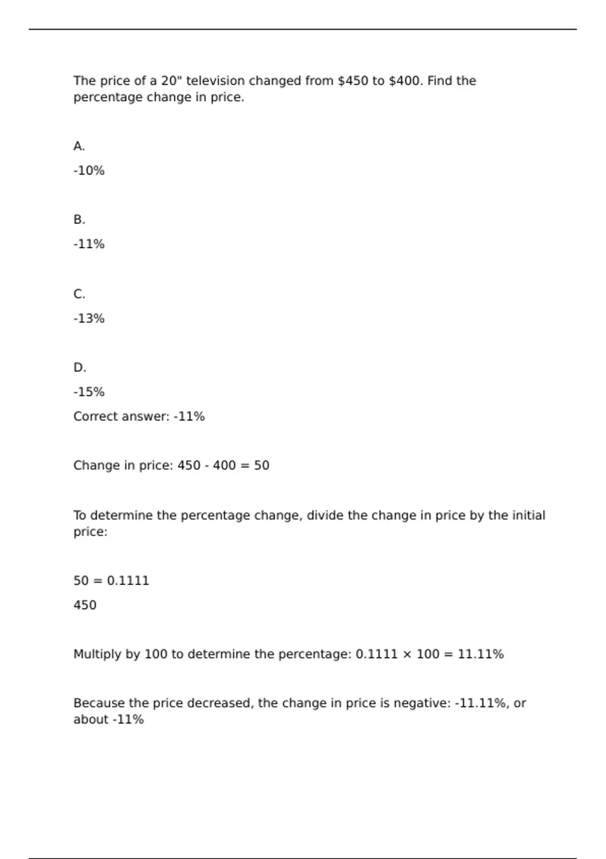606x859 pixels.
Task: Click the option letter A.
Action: [79, 146]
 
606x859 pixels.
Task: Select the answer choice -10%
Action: [89, 171]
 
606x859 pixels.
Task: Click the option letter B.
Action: [79, 220]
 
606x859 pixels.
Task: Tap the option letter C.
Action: [79, 294]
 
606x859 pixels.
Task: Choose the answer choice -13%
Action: [89, 319]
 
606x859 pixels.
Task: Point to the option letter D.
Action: [79, 367]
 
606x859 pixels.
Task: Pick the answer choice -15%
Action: [89, 392]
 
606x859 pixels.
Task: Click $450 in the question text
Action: [353, 81]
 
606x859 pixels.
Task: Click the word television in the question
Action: [215, 81]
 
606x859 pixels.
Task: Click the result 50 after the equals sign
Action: [262, 465]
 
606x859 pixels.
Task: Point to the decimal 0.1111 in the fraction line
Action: [128, 581]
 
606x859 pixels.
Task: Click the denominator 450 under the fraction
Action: [85, 605]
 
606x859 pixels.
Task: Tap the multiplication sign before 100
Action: [407, 654]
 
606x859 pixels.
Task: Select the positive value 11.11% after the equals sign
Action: [481, 654]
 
